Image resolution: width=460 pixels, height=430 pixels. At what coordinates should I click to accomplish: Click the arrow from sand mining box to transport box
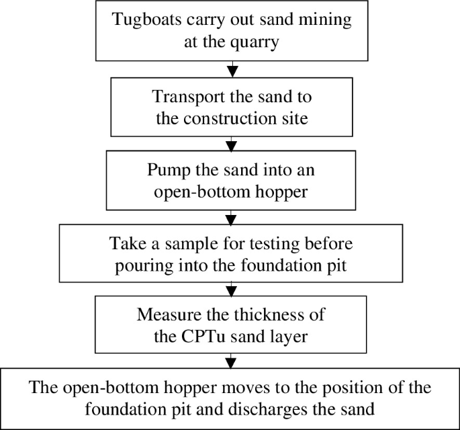[232, 69]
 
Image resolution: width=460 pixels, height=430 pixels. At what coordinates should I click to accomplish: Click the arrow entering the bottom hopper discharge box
[232, 360]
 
